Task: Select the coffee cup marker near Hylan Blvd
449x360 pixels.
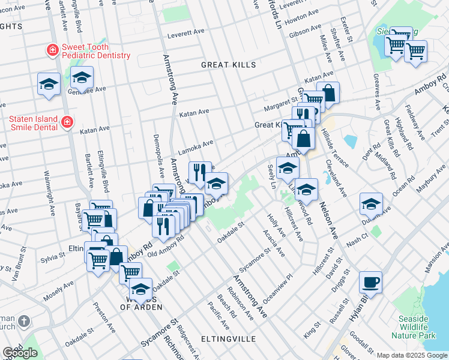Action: (370, 281)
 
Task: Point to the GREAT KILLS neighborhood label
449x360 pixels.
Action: (228, 65)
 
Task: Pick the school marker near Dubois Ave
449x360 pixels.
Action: (371, 204)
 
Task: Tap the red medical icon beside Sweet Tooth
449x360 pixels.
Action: (53, 50)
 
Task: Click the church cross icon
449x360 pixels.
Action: (23, 321)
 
